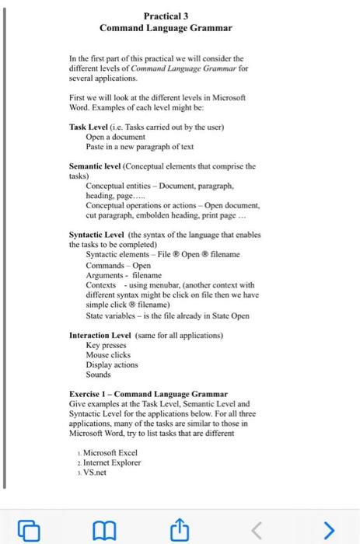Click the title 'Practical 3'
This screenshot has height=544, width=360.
tap(165, 15)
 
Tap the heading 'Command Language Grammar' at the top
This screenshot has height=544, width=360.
tap(165, 28)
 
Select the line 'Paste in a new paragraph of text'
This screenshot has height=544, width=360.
tap(140, 146)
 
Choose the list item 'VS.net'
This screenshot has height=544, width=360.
tap(98, 473)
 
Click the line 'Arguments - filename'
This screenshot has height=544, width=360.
tap(124, 274)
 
